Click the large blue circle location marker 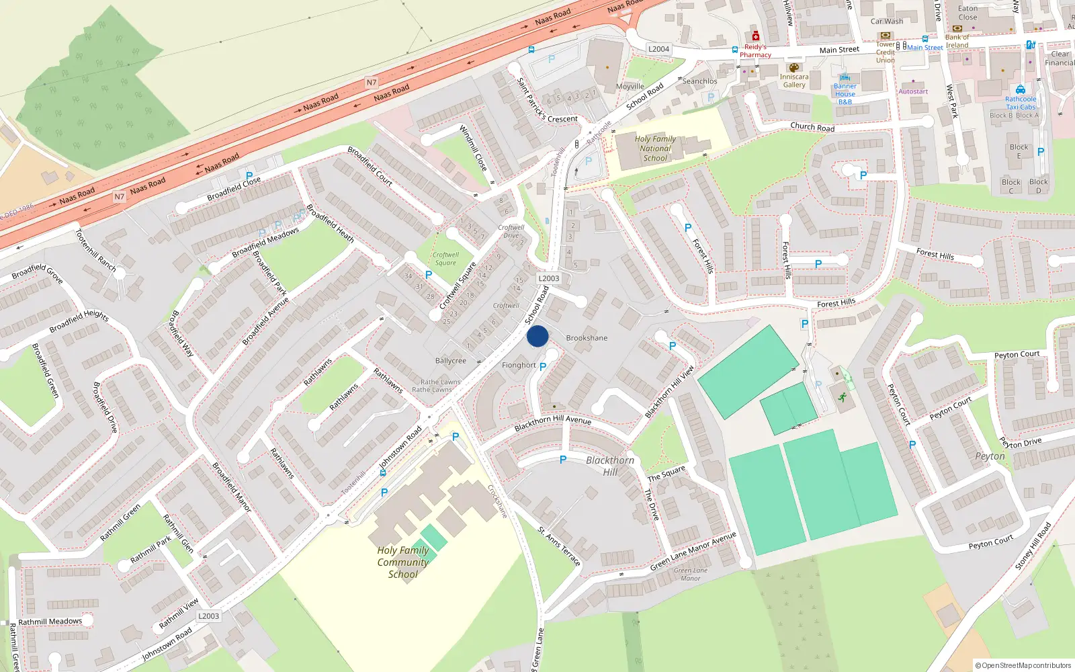click(537, 336)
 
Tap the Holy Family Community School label click(402, 562)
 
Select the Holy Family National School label click(655, 149)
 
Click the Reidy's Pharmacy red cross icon click(756, 36)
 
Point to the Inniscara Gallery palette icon click(793, 67)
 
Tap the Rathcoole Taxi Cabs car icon click(1021, 89)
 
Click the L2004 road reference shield click(658, 49)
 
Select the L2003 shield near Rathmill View click(208, 616)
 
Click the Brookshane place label click(587, 338)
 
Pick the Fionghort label click(519, 366)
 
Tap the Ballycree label click(450, 361)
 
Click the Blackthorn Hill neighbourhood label click(610, 466)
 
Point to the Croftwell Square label click(445, 259)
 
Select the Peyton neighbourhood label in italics click(990, 456)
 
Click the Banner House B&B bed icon click(845, 78)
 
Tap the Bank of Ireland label click(957, 41)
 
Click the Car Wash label click(887, 22)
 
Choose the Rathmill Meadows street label click(50, 622)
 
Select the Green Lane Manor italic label click(691, 575)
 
